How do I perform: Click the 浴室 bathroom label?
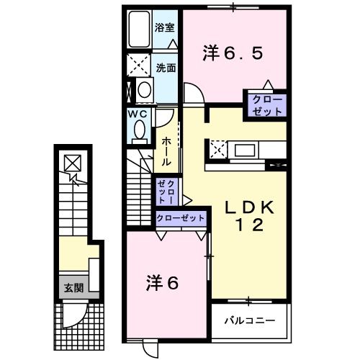pyautogui.click(x=164, y=28)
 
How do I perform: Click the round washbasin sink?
pyautogui.click(x=145, y=90)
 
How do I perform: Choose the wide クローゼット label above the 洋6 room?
pyautogui.click(x=180, y=217)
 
